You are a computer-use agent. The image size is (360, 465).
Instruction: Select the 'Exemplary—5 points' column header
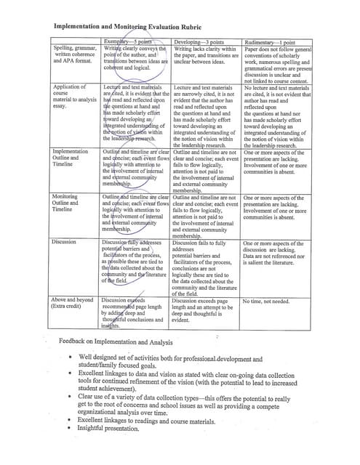pyautogui.click(x=134, y=41)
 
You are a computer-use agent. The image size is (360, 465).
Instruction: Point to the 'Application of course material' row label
pyautogui.click(x=73, y=99)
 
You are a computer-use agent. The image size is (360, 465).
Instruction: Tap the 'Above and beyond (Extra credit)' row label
pyautogui.click(x=73, y=303)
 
